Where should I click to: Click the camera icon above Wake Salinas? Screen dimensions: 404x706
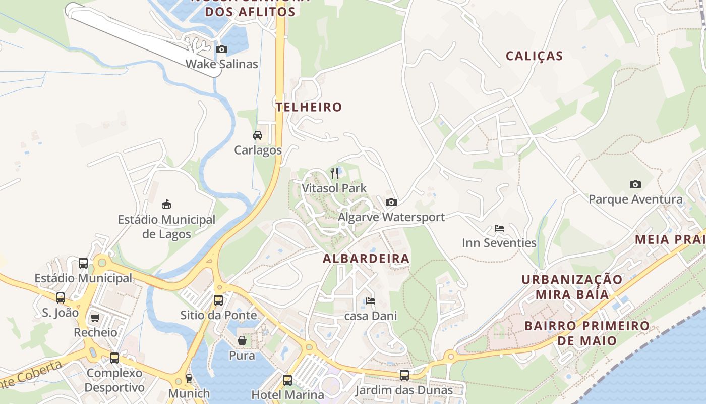221,49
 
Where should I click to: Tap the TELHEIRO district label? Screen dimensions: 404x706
309,107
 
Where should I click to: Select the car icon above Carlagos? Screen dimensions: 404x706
258,135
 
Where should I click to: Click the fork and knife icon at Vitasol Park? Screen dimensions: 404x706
334,173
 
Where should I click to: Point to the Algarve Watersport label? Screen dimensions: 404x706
391,217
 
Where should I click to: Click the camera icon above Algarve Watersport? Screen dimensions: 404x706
391,202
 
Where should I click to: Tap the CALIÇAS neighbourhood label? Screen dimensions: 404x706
534,56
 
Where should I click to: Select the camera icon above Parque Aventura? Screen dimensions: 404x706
635,184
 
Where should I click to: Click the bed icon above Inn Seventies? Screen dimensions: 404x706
499,228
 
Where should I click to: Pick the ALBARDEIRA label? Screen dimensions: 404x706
366,259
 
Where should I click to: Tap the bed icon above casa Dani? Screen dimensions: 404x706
371,300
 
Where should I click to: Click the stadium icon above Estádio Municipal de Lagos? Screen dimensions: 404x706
166,204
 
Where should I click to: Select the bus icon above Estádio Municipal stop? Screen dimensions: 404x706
83,263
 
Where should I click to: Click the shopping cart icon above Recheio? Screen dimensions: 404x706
95,318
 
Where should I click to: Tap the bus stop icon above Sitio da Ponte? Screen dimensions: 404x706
218,300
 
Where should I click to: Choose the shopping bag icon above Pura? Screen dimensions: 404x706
242,340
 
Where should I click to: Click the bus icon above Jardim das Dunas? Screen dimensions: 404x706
404,375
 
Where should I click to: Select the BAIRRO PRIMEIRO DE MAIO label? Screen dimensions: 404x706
587,333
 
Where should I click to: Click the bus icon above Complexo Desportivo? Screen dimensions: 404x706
114,358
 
